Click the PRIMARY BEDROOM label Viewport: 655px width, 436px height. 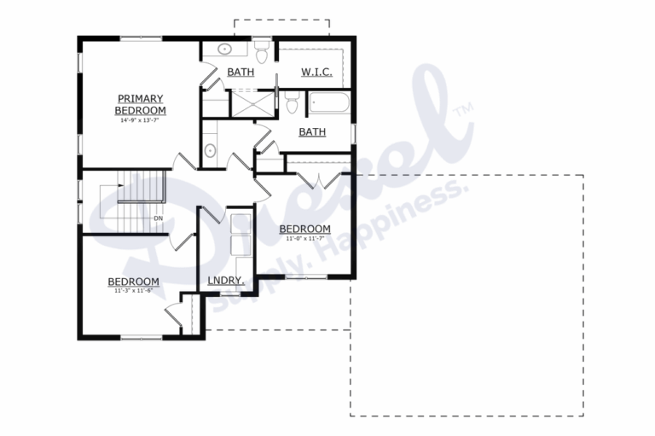pos(141,104)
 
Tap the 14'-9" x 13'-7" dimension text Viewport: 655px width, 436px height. pos(141,120)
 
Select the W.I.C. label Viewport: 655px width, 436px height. pos(316,73)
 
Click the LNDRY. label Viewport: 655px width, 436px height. pos(226,280)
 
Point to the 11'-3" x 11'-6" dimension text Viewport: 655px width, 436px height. pos(133,291)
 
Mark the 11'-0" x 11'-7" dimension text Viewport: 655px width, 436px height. pos(304,238)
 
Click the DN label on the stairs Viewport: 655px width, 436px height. pos(158,218)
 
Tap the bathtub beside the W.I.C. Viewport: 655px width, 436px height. pos(328,104)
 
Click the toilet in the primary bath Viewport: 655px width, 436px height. pos(263,54)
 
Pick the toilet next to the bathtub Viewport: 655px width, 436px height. pos(292,104)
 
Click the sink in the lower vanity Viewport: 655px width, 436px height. pos(210,152)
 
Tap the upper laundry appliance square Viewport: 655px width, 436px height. pos(241,224)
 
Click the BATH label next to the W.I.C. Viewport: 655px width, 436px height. pos(240,73)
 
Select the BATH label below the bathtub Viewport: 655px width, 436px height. pos(312,132)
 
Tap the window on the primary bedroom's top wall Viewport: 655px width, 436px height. pos(141,38)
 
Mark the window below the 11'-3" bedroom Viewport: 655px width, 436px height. pos(142,337)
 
